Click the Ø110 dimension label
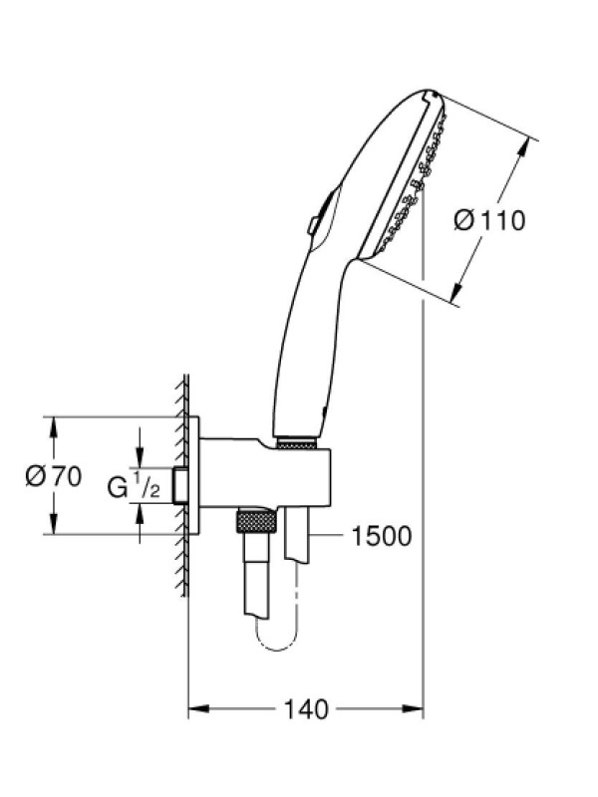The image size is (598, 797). pos(488,221)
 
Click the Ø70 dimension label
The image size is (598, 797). pos(54,477)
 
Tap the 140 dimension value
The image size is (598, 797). pos(306,709)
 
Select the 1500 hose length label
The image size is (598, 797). pos(382,536)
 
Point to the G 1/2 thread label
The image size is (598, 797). pos(134,486)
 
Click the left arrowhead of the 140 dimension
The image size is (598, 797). pos(198,708)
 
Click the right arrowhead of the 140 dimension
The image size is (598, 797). pos(413,708)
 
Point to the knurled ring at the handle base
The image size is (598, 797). pos(298,442)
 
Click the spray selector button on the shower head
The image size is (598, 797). pos(314,225)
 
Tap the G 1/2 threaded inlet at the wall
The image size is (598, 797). pos(179,486)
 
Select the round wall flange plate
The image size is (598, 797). pos(193,476)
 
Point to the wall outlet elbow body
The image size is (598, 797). pos(265,472)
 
